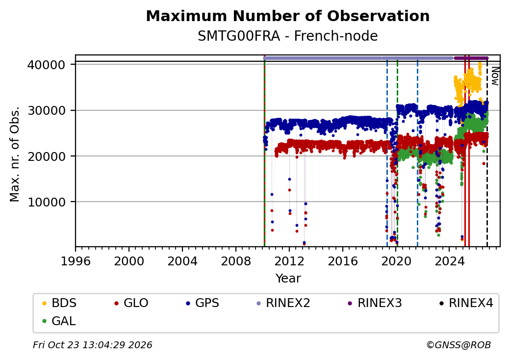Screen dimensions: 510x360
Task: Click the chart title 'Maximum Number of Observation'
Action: [287, 16]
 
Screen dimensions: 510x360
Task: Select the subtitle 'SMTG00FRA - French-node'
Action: [287, 36]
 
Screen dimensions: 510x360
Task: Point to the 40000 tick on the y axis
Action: [46, 65]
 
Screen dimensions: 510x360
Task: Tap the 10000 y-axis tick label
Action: [46, 202]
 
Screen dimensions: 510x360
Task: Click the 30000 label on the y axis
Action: [46, 110]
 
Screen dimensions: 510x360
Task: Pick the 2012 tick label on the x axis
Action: [289, 261]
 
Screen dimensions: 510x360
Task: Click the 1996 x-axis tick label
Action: [76, 261]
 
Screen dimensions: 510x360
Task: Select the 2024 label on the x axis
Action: [449, 261]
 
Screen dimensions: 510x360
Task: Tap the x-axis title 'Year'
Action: [288, 279]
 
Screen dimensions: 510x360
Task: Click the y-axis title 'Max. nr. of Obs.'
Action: [15, 154]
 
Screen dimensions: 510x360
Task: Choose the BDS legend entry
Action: [59, 303]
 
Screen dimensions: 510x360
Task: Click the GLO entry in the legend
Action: [131, 303]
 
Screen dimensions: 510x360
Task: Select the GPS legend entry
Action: [203, 303]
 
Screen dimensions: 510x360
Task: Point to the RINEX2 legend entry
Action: [283, 303]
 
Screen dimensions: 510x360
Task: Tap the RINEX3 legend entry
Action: [375, 303]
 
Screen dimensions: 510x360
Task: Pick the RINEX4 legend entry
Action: [466, 303]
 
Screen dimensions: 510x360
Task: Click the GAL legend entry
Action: [59, 321]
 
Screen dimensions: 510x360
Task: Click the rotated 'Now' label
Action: [495, 76]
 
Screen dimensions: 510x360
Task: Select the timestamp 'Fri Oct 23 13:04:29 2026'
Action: [93, 345]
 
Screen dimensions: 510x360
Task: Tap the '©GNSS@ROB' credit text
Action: [459, 345]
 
